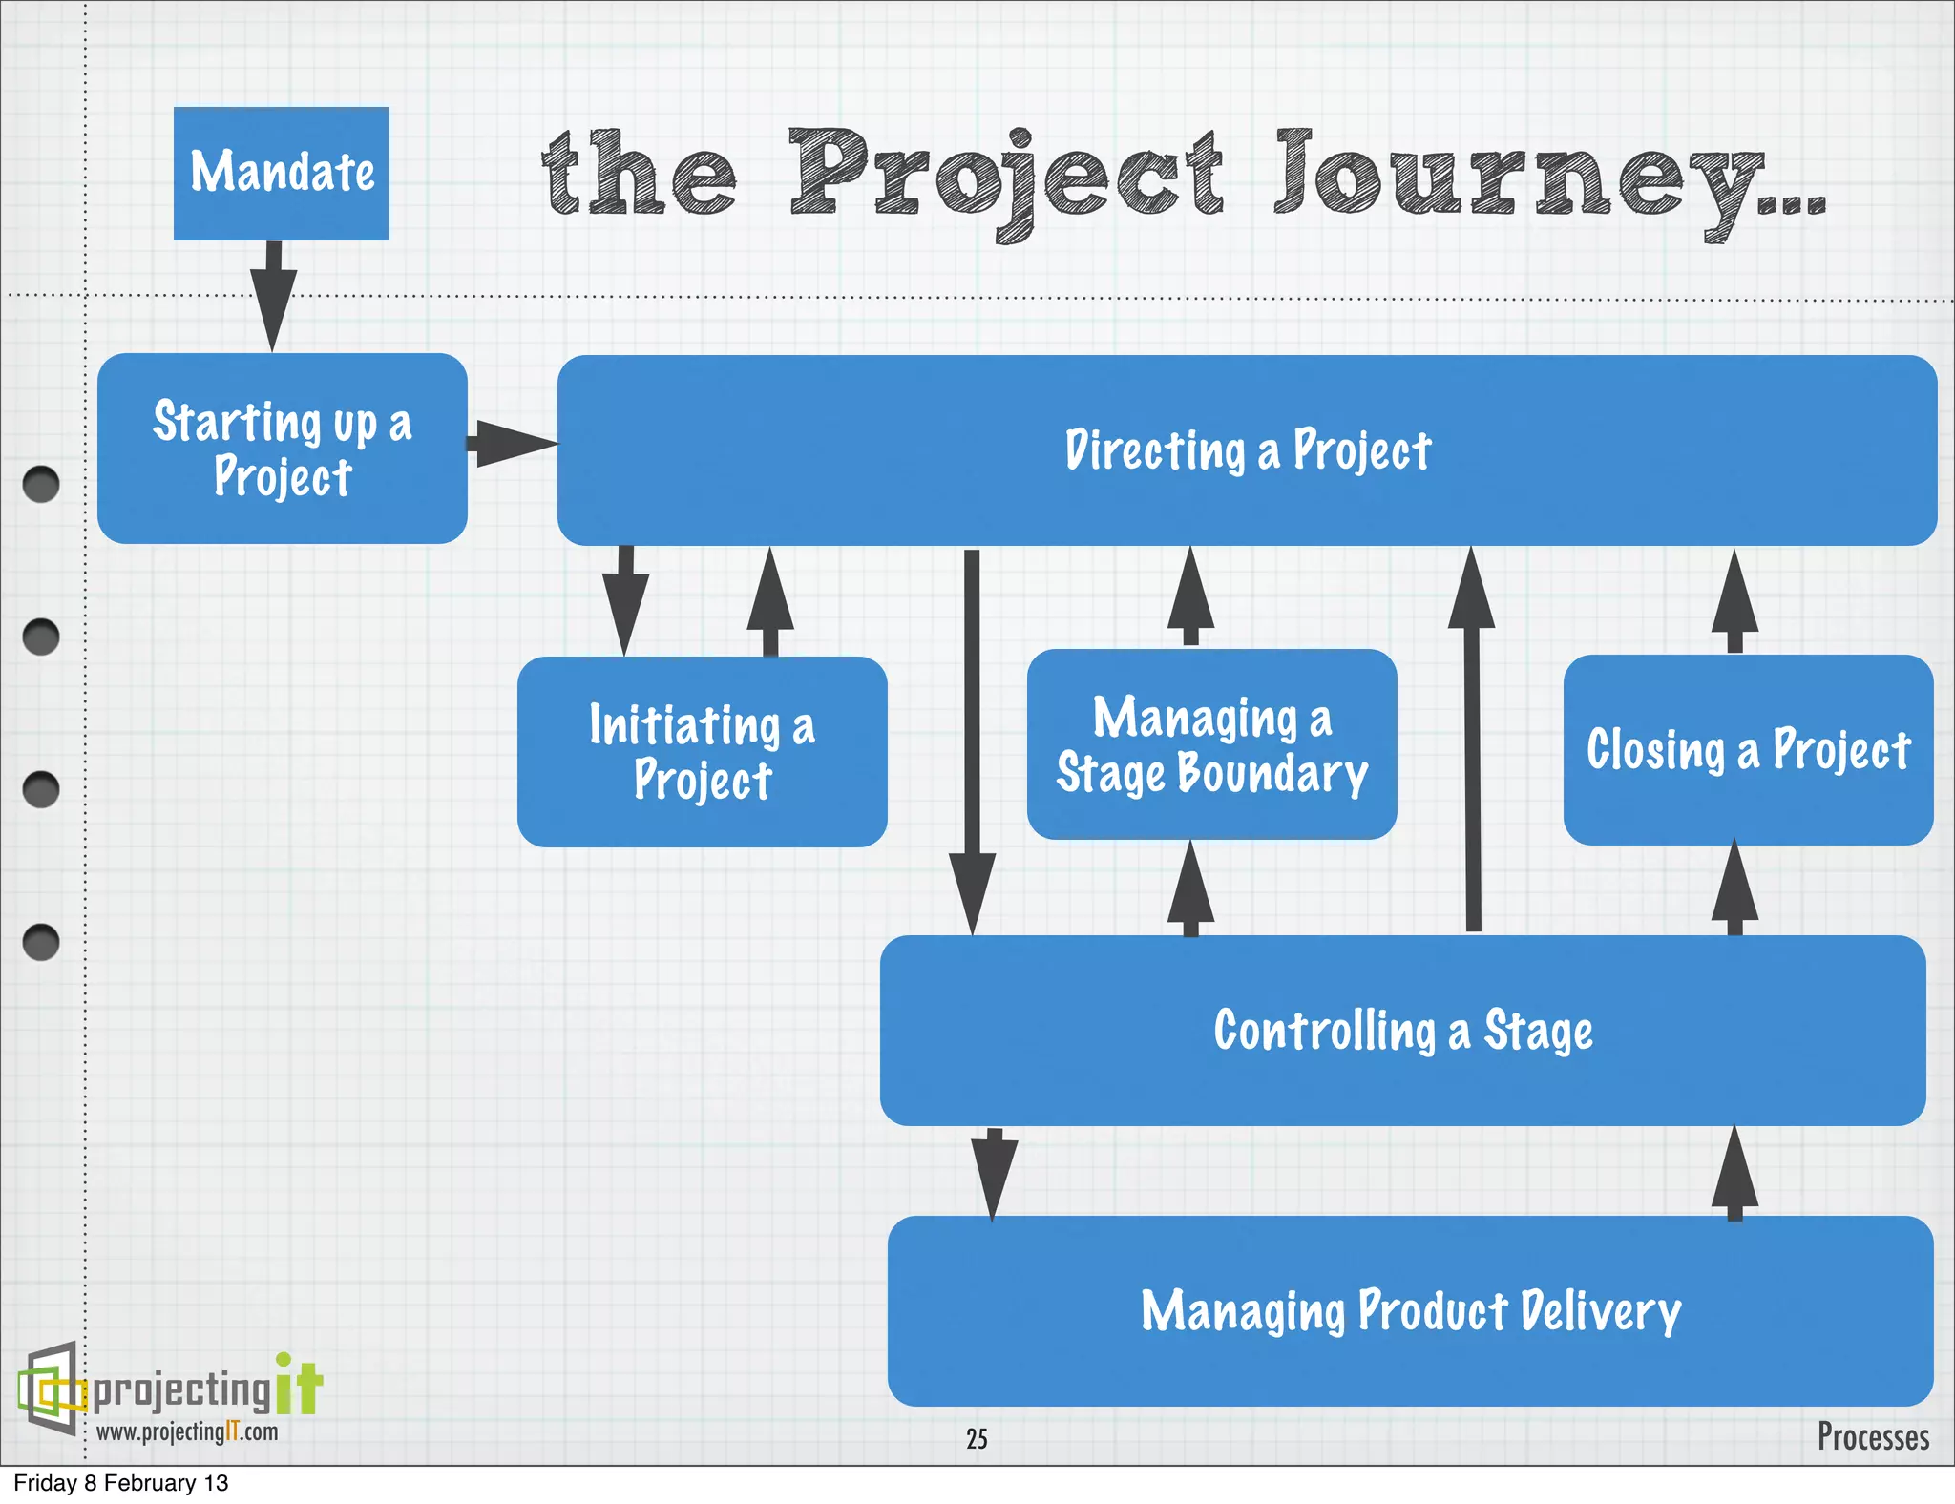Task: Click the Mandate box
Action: [x=281, y=173]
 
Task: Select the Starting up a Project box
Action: [x=282, y=449]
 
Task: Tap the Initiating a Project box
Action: [x=702, y=752]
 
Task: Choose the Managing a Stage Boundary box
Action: [x=1211, y=744]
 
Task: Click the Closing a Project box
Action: [x=1748, y=750]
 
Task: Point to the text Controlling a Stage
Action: [x=1402, y=1031]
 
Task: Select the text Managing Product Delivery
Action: [x=1410, y=1310]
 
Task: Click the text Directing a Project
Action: [x=1247, y=450]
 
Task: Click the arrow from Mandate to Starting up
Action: [x=273, y=296]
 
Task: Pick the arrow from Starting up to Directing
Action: [x=513, y=444]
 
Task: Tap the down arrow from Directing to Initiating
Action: [x=625, y=599]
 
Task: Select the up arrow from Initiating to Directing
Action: [x=770, y=601]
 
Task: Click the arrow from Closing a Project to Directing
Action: [x=1734, y=601]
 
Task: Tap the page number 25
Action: [x=977, y=1438]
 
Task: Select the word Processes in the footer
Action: [x=1872, y=1436]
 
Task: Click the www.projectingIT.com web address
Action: [x=187, y=1431]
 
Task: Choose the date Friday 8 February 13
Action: [x=121, y=1483]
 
